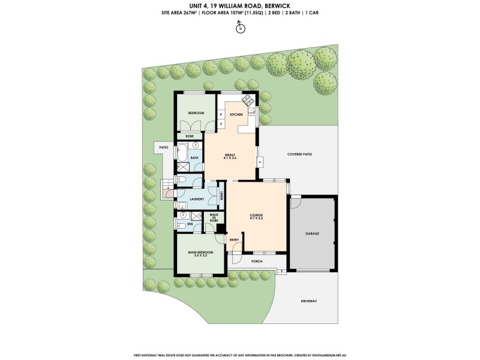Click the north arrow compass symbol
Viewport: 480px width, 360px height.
click(x=240, y=28)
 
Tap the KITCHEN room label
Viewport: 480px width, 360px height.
click(x=236, y=114)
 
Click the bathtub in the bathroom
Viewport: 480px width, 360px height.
click(x=181, y=154)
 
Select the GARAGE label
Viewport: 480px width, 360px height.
click(x=312, y=233)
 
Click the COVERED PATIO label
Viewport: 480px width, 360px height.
click(x=299, y=154)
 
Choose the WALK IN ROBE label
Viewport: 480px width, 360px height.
click(x=214, y=218)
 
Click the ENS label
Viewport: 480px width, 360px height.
click(x=190, y=224)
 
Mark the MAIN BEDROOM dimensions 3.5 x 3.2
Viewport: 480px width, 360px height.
click(x=200, y=255)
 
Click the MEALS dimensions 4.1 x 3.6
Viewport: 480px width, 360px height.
click(x=231, y=158)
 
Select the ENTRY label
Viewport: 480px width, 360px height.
click(x=234, y=240)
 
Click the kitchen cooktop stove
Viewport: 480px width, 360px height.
click(x=248, y=110)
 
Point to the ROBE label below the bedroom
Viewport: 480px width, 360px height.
click(x=189, y=136)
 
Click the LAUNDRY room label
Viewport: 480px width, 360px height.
click(x=196, y=199)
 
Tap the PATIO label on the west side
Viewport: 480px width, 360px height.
click(x=163, y=146)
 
